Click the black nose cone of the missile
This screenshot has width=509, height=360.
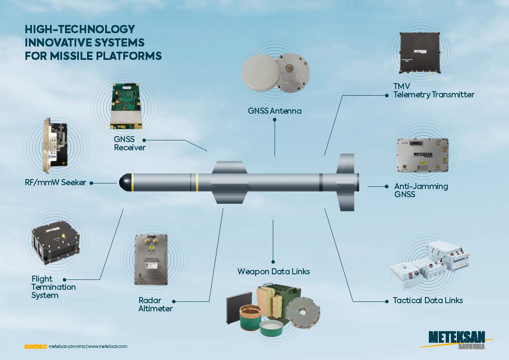coord(125,183)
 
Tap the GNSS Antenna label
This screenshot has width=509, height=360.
coord(275,111)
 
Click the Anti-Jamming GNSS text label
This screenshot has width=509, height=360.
coord(421,190)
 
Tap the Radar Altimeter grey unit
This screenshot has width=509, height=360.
coord(153,259)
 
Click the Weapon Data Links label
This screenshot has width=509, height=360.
coord(274,271)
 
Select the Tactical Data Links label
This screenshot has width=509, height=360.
coord(428,300)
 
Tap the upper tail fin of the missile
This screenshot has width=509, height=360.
coord(346,164)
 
